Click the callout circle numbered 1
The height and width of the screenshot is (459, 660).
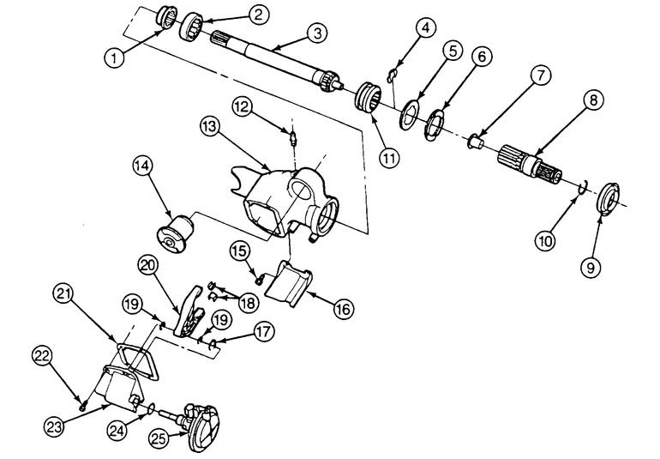click(x=115, y=57)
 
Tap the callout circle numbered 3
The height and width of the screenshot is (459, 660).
click(x=317, y=33)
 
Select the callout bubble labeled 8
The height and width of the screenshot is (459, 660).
click(x=593, y=100)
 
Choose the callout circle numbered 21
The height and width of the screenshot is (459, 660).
click(x=64, y=294)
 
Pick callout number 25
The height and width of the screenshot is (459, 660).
click(x=160, y=439)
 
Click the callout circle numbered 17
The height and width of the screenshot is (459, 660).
click(x=263, y=332)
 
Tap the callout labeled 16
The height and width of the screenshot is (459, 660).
click(x=344, y=309)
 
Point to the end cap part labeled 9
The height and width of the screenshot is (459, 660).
click(x=609, y=199)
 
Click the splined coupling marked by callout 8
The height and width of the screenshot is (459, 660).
click(x=531, y=165)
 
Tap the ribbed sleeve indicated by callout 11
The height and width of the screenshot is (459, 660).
click(x=369, y=97)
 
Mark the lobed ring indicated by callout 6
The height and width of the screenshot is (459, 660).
click(x=434, y=124)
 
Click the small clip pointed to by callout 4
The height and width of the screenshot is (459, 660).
click(x=393, y=75)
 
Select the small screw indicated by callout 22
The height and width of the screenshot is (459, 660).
click(x=82, y=408)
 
